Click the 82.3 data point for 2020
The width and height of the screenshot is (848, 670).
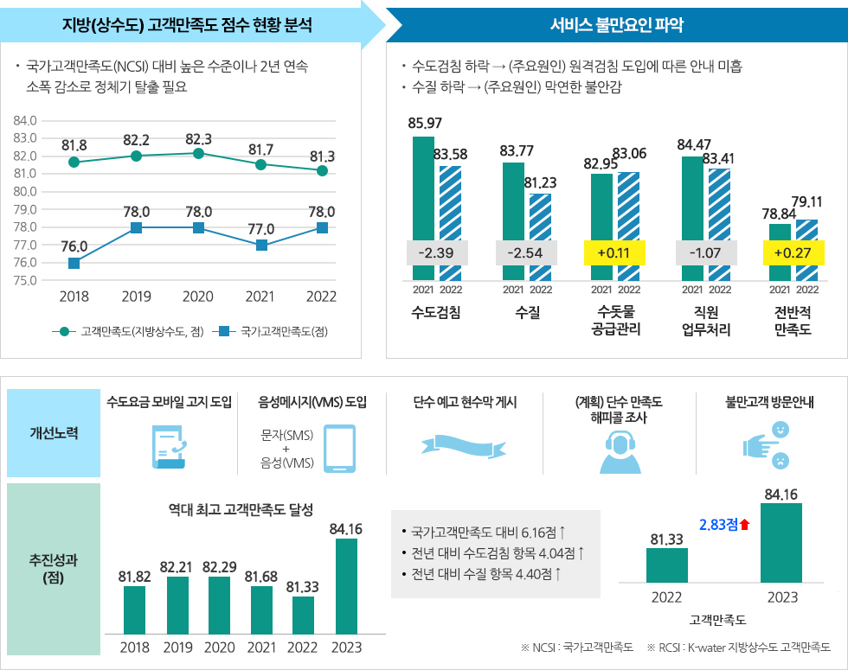tap(198, 153)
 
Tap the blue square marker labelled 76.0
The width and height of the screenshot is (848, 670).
tap(74, 263)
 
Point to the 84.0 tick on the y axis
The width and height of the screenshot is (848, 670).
tap(25, 119)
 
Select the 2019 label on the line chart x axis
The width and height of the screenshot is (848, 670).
tap(136, 297)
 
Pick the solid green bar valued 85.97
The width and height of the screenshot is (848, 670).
tap(423, 208)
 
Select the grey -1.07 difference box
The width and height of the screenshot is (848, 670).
tap(704, 253)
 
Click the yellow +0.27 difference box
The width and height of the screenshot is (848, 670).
tap(793, 253)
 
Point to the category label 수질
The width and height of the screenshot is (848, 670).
tap(526, 313)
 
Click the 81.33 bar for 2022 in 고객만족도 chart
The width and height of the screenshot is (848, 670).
tap(667, 565)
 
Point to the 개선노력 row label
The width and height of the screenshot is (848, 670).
tap(53, 432)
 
